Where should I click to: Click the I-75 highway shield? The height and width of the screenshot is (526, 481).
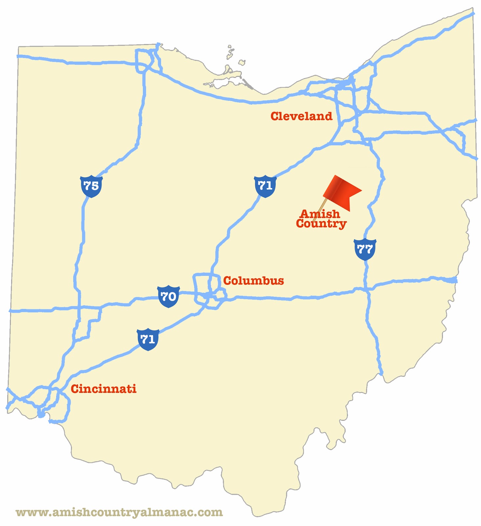[91, 186]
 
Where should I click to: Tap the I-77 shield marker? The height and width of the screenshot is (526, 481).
[365, 250]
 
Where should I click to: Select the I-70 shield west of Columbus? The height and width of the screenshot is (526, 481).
[169, 297]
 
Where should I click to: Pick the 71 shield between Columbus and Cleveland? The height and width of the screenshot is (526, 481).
[265, 186]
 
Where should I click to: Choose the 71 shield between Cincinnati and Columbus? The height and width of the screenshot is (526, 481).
[148, 339]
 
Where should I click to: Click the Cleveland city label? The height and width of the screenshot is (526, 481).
[301, 116]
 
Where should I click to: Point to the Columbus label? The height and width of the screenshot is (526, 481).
[253, 281]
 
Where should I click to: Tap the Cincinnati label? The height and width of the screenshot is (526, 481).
[103, 389]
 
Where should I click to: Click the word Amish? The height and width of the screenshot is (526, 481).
[320, 214]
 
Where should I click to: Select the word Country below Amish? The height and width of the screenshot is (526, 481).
[321, 224]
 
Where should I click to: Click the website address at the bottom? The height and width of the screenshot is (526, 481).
[119, 512]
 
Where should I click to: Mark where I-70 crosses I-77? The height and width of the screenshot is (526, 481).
[367, 289]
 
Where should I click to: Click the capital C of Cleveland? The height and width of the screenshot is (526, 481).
[275, 116]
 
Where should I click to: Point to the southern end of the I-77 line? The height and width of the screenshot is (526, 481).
[381, 373]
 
